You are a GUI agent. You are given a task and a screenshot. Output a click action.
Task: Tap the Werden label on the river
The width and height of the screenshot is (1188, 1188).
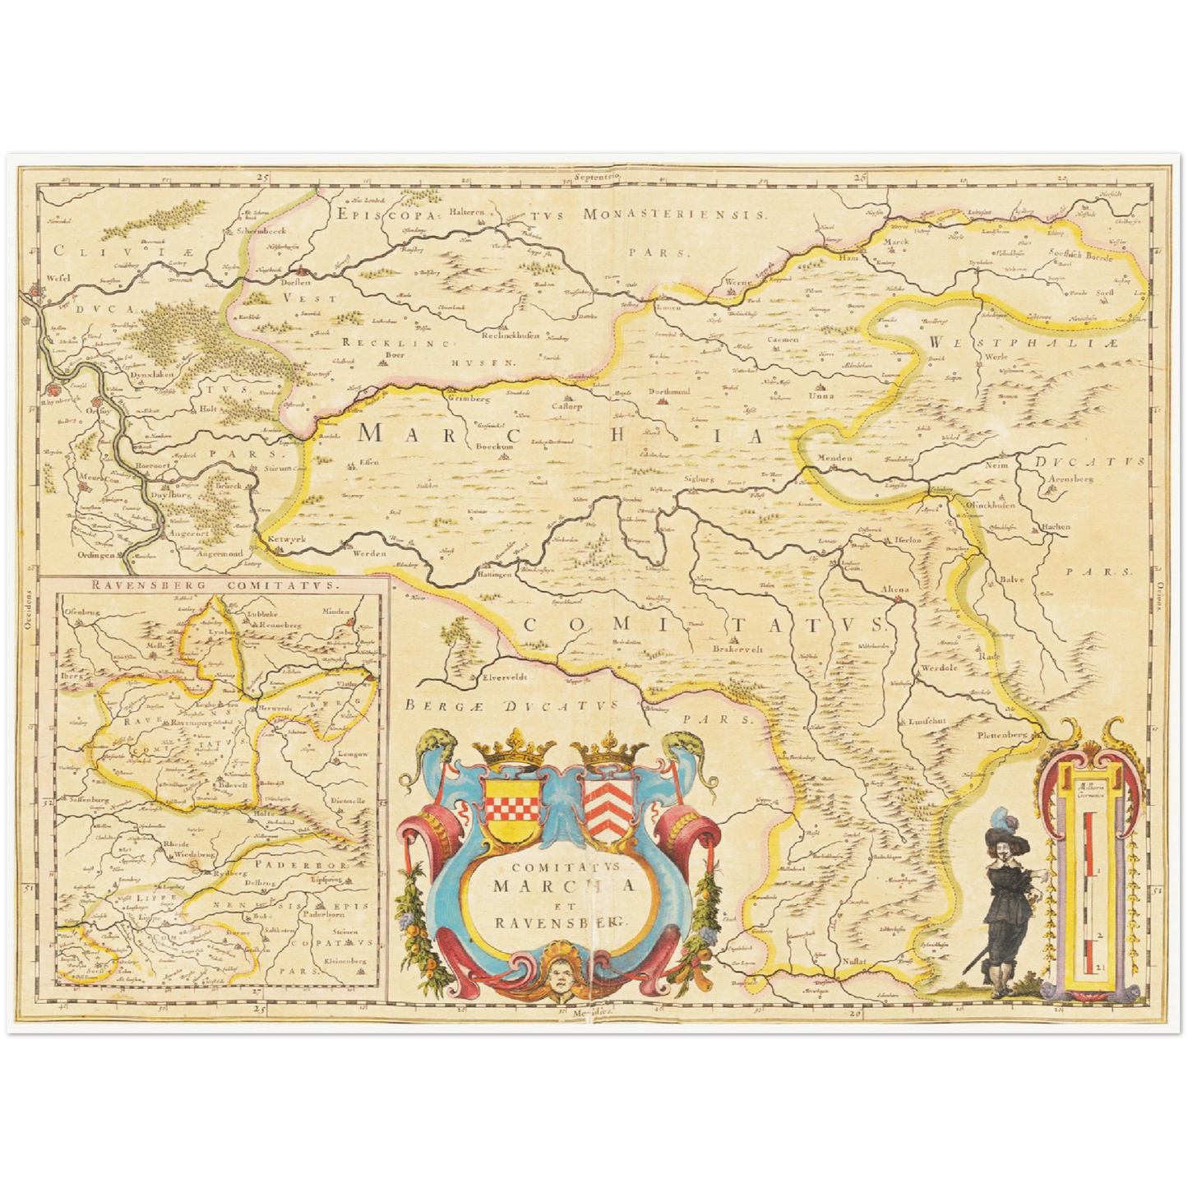(x=369, y=553)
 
